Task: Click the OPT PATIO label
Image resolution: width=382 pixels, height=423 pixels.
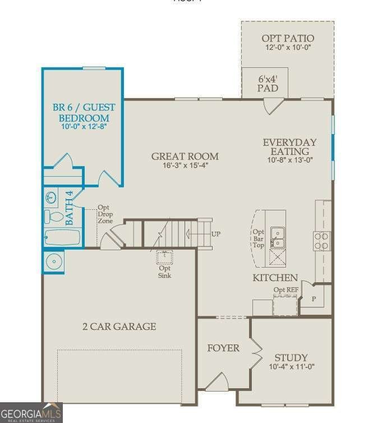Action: pos(288,39)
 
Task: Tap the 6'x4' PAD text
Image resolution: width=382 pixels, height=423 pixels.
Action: pos(268,84)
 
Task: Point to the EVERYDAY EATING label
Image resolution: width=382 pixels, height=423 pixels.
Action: pos(289,146)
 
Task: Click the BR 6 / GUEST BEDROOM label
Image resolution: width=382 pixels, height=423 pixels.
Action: pos(84,112)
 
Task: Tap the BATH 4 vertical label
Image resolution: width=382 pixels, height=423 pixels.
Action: pos(70,208)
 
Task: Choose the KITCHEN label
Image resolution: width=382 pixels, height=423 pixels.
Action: pos(275,278)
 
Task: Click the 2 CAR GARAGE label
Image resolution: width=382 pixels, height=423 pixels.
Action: pos(119,326)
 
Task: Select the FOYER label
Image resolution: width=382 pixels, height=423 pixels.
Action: pos(223,348)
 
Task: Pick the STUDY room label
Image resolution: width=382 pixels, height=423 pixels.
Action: pos(291,357)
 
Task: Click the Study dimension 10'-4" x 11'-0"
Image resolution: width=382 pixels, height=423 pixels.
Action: pos(291,367)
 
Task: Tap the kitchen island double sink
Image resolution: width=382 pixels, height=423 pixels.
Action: pos(277,237)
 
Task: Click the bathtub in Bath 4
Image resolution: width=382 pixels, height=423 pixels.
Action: pos(63,237)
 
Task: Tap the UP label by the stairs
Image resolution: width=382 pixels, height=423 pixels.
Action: pos(216,234)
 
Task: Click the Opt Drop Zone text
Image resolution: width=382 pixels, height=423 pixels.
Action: pos(105,214)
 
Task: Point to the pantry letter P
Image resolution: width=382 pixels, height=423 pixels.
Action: pos(314,298)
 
